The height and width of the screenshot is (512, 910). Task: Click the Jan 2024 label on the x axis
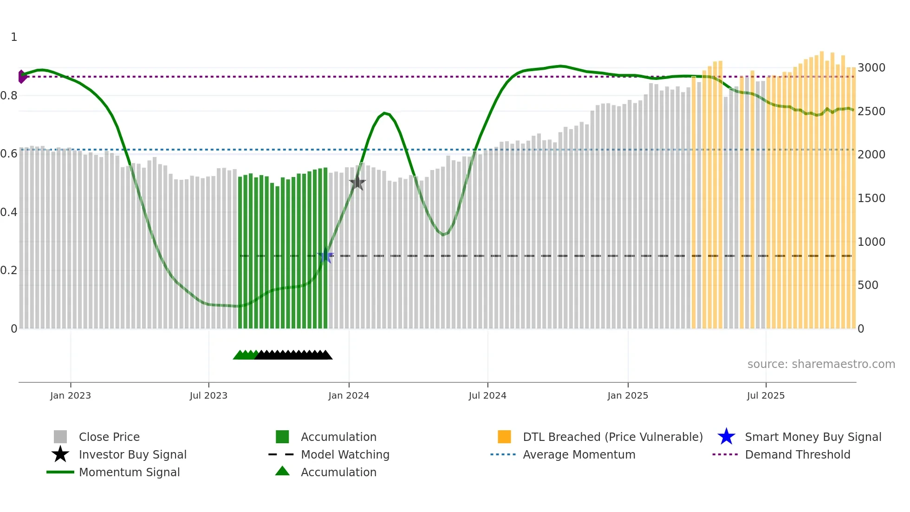349,396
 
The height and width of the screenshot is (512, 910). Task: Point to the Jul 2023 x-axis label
208,396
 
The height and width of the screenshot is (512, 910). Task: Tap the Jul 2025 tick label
766,396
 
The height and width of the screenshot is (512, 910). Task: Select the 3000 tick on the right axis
871,68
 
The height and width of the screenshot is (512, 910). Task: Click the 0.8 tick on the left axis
9,96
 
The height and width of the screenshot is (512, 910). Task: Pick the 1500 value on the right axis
871,198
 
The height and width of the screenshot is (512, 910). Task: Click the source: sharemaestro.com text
821,364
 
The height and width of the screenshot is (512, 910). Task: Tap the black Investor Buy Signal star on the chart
357,183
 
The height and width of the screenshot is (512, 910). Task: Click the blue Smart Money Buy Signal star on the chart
325,256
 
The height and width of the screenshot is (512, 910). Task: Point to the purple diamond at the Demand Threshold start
22,77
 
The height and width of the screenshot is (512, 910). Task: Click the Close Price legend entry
109,437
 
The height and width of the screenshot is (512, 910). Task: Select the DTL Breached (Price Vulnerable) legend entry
612,437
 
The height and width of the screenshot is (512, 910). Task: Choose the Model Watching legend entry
345,455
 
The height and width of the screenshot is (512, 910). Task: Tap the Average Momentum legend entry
579,455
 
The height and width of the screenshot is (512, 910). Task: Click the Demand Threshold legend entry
797,455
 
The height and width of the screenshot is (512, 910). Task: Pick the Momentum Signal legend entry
129,473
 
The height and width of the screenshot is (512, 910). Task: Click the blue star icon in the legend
726,437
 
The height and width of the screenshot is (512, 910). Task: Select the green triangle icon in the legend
282,472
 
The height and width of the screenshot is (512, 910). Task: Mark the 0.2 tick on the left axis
9,270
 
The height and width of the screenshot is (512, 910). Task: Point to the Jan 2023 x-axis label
71,396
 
